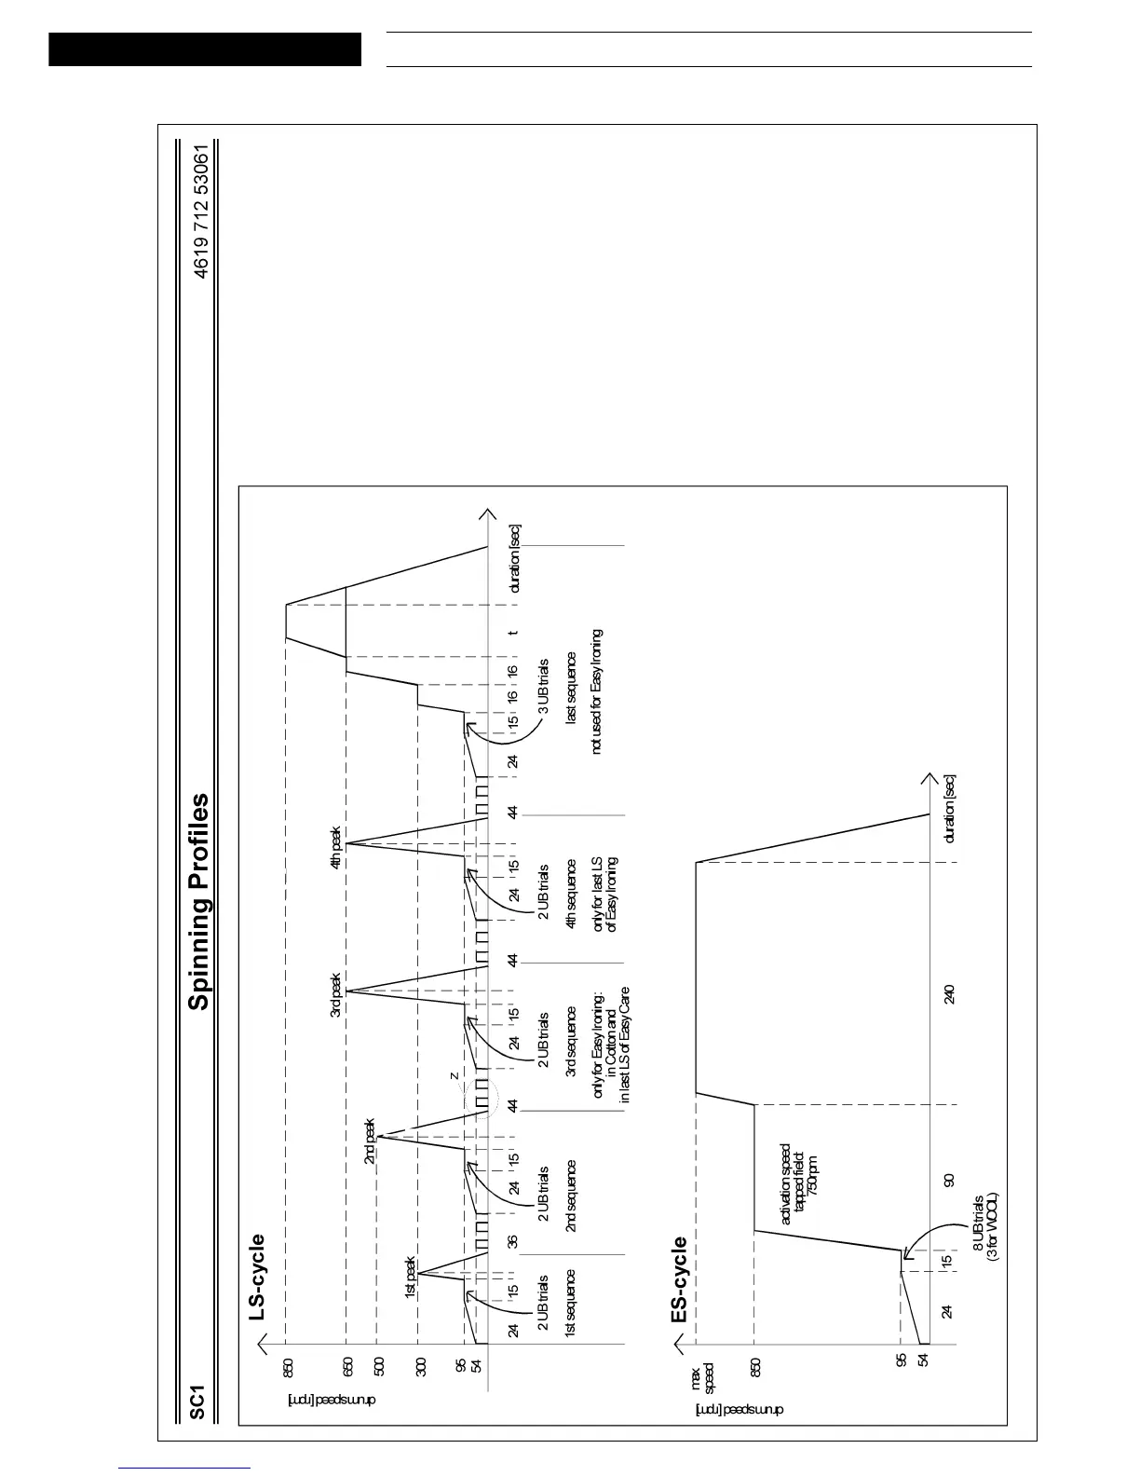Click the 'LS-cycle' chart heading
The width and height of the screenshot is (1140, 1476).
[x=257, y=1278]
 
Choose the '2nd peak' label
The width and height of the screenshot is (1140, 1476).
[x=370, y=1141]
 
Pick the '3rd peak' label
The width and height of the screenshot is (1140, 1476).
[x=336, y=996]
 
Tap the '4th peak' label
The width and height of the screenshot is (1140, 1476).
[x=336, y=849]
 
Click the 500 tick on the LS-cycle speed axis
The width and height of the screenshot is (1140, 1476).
[x=378, y=1367]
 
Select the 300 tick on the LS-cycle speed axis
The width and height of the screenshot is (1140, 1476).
[x=420, y=1367]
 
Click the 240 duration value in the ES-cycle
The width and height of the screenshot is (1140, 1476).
[x=949, y=994]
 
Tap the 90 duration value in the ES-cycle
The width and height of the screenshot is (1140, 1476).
[x=949, y=1180]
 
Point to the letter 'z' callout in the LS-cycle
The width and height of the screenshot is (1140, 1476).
[x=454, y=1076]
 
